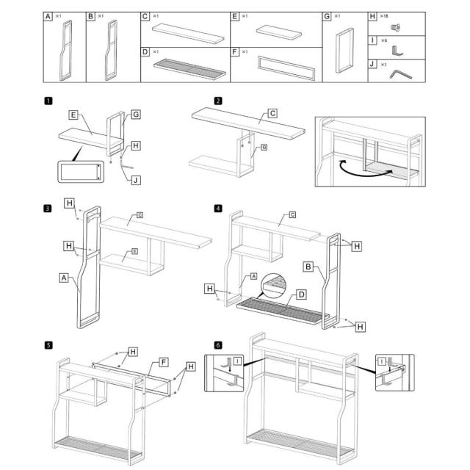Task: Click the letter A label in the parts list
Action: pos(48,15)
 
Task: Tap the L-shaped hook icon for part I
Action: pos(397,50)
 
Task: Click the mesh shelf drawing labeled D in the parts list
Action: pos(190,68)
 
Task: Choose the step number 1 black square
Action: pos(48,101)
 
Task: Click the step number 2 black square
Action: pos(218,101)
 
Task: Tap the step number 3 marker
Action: pos(48,208)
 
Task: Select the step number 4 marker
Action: pos(218,208)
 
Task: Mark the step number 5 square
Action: pos(48,344)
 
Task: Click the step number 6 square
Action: pos(218,344)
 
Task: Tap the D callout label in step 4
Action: pos(301,295)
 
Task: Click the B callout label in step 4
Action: pos(309,267)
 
